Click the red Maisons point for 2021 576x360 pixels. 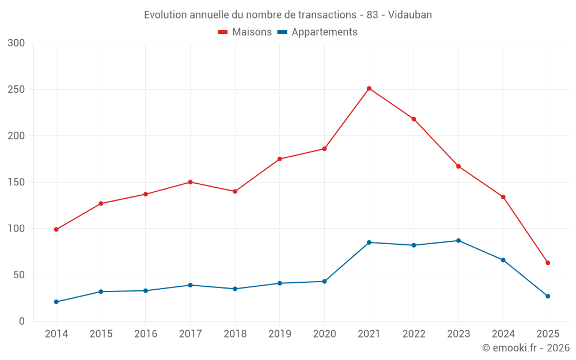(369, 89)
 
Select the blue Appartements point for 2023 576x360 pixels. (458, 241)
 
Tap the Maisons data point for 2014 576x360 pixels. (56, 229)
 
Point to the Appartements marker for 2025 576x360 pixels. (548, 296)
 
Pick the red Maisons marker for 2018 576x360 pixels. (235, 191)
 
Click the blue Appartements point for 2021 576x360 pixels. (369, 242)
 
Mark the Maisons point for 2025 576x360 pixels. (548, 263)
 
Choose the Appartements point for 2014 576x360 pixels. (56, 302)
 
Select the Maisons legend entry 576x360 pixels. (245, 32)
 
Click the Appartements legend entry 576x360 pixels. (317, 32)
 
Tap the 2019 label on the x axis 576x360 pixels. (280, 334)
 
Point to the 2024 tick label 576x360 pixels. (503, 334)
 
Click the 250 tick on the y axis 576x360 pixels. (17, 89)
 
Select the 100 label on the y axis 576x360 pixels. (17, 229)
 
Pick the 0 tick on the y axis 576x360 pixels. (21, 321)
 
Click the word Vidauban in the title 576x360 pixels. (410, 15)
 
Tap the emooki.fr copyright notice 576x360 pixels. (526, 348)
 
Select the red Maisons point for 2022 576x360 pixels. (414, 119)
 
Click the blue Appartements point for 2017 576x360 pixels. (190, 285)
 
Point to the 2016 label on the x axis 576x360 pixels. (146, 334)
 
